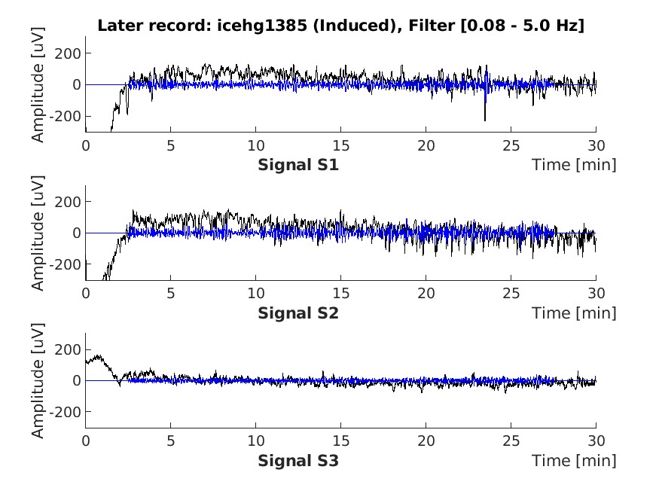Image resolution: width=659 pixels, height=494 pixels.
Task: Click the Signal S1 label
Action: tap(298, 165)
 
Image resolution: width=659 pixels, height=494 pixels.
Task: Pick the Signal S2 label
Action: tap(298, 313)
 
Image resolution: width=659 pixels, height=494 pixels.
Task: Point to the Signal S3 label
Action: tap(298, 461)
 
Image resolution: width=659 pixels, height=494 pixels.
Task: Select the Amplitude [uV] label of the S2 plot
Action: tap(38, 233)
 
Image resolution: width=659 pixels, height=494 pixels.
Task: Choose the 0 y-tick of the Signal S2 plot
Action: tap(77, 233)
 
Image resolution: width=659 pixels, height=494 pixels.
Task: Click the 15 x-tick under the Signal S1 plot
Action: tap(341, 145)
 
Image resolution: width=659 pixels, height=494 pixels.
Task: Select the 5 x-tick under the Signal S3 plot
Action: tap(171, 441)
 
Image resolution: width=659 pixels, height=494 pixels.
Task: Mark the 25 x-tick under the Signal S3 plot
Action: tap(511, 441)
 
